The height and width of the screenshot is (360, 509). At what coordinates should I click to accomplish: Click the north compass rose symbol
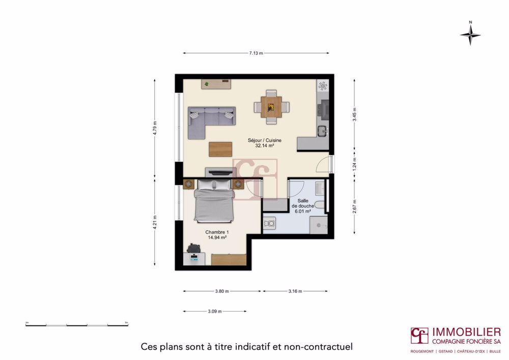click(470, 34)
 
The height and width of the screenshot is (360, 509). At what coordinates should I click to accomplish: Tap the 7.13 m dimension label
click(256, 53)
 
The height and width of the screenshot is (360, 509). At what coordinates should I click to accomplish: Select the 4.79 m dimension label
click(155, 127)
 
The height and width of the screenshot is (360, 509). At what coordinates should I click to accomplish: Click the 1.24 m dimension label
click(354, 162)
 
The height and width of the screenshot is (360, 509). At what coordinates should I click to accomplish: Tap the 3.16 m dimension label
click(295, 291)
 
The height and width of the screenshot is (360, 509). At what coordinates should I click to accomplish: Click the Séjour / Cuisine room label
click(265, 143)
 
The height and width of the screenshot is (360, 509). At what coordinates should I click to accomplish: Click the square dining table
click(271, 107)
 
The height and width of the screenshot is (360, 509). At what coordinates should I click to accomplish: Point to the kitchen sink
click(323, 131)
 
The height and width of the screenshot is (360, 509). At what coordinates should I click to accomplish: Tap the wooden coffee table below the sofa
click(220, 149)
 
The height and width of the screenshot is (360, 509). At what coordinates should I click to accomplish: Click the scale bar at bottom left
click(76, 324)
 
